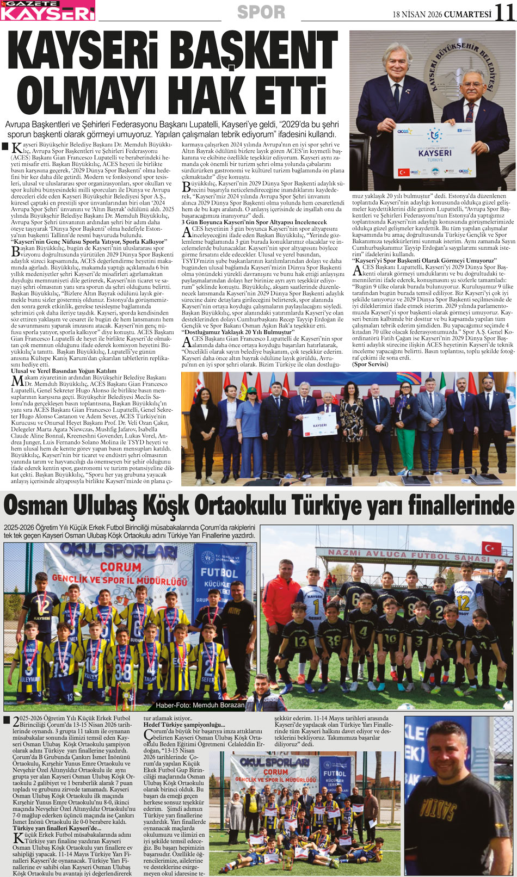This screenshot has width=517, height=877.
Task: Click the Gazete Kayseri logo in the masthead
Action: tap(48, 10)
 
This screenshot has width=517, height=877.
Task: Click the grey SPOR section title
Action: tap(261, 13)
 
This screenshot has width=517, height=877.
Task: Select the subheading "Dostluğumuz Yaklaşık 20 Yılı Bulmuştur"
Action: tap(237, 331)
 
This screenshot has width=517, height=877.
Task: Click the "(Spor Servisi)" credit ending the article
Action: tap(371, 363)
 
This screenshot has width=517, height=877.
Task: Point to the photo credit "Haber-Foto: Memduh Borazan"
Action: tap(200, 705)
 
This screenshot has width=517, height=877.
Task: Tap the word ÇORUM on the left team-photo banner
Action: tap(120, 567)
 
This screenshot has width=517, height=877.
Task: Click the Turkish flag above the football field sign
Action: tap(491, 547)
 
